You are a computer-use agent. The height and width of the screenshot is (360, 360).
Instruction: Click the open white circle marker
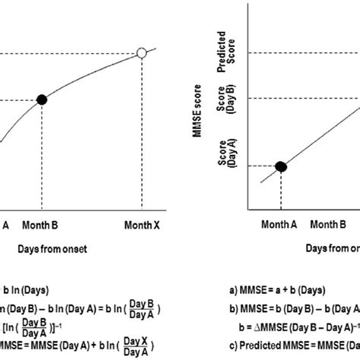point(141,53)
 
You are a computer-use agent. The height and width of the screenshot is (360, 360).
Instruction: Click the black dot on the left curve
point(43,99)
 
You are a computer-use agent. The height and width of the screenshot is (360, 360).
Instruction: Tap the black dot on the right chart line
point(280,166)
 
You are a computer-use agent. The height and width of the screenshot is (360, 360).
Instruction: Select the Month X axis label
point(142,225)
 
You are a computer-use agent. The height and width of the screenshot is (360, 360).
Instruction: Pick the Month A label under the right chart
point(281,225)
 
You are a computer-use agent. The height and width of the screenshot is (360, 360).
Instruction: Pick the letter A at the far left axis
point(7,225)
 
